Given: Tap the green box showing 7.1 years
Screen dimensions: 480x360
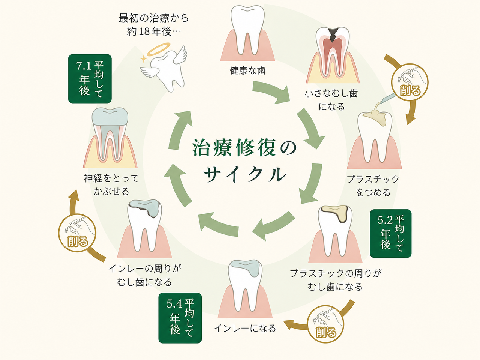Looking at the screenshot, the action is point(90,79).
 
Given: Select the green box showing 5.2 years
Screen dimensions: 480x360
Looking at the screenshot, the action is point(390,234).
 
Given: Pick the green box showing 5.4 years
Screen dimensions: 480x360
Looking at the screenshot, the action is point(180,318).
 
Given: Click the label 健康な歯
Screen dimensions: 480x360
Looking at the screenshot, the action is point(248,70).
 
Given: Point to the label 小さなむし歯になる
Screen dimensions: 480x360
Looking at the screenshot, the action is point(331,100).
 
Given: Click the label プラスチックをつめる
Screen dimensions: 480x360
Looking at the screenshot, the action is point(373,186).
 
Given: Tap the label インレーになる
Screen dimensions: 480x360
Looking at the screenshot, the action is point(245,328).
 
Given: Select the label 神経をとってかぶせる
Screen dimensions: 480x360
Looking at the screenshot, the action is point(111,185).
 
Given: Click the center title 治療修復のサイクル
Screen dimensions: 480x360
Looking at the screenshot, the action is point(244,160).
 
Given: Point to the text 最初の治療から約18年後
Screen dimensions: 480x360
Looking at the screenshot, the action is point(154,25).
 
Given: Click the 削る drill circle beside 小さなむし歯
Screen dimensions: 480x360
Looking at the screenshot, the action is point(409,82).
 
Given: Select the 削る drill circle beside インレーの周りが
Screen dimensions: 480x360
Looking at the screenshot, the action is point(77,233).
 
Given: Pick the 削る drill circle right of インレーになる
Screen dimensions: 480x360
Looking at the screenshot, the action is point(325,324).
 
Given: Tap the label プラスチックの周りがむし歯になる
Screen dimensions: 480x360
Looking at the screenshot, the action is point(336,280).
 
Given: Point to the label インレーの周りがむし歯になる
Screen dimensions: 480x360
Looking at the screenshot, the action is point(145,275).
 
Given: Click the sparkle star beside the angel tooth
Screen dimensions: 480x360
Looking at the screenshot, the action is point(144,58).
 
